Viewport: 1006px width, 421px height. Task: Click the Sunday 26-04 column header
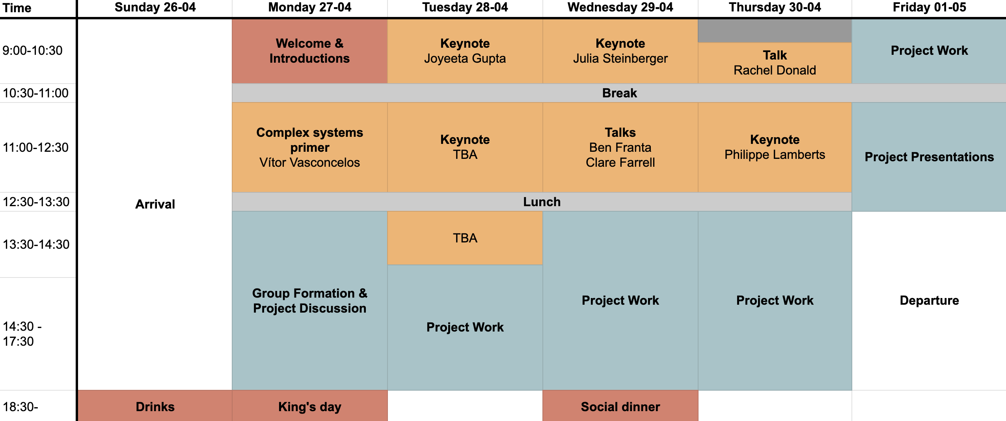coord(155,7)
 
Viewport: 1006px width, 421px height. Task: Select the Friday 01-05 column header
coord(929,7)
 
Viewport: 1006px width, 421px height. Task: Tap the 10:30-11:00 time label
coord(35,93)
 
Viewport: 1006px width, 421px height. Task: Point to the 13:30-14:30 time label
coord(36,244)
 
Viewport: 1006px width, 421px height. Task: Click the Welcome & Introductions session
coord(309,51)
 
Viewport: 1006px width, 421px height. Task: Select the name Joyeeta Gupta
coord(465,58)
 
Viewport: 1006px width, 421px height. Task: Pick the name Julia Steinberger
coord(620,58)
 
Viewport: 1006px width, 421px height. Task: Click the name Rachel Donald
coord(775,70)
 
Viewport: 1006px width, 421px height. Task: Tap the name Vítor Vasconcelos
coord(309,162)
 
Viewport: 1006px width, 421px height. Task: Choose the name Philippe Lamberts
coord(775,155)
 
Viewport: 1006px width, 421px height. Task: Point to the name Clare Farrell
coord(620,162)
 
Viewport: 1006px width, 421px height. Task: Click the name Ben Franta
coord(620,147)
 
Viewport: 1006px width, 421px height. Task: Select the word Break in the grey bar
coord(619,93)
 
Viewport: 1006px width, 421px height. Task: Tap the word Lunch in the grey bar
coord(542,202)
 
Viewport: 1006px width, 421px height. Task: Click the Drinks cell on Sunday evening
coord(155,406)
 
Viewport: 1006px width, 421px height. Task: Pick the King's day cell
coord(309,406)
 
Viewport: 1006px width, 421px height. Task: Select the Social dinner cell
coord(620,406)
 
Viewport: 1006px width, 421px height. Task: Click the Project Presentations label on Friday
coord(929,157)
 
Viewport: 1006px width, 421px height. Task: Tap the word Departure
coord(929,300)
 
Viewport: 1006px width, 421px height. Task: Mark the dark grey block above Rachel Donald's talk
coord(775,31)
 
